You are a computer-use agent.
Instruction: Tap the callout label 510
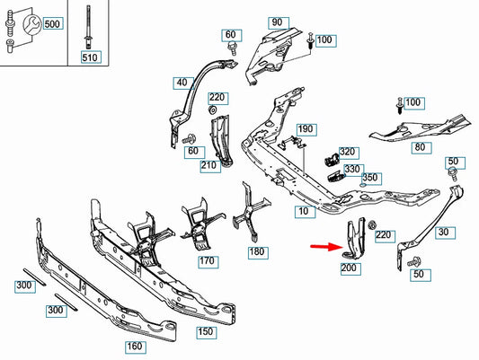tap(89, 57)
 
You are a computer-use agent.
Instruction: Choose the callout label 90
tap(276, 22)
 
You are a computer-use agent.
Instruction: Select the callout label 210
tap(208, 165)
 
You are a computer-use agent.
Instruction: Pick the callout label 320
tap(348, 153)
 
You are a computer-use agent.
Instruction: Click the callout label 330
tap(351, 168)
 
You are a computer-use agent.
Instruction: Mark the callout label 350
tap(369, 178)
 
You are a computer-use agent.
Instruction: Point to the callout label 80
tap(420, 148)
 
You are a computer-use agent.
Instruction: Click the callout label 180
tap(257, 253)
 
